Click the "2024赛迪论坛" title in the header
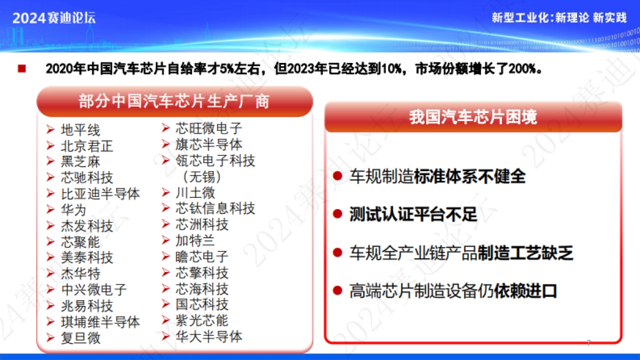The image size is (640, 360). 54,18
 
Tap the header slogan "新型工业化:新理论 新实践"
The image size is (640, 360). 559,18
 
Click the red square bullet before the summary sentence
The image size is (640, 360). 22,69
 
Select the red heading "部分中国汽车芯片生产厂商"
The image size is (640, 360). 174,101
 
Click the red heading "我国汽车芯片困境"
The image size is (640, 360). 473,117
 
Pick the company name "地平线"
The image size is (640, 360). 81,130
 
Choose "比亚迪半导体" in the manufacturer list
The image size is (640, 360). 100,194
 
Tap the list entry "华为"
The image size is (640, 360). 74,210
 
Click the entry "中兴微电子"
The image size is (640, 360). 94,290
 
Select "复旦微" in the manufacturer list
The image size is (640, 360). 81,338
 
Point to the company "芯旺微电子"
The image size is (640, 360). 209,129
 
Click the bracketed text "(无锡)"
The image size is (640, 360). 202,177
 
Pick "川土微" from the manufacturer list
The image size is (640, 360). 195,193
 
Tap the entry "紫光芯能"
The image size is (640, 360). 202,321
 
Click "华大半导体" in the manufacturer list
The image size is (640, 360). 209,337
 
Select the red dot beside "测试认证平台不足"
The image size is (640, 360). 338,214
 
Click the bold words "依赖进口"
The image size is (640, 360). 525,291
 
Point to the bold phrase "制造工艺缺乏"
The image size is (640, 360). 525,253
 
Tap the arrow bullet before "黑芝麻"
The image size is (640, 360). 50,161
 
